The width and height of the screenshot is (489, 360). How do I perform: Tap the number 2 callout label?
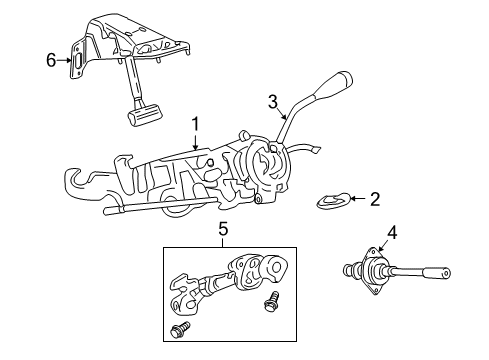[x=374, y=199]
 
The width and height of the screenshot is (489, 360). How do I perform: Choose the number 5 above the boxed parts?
[x=222, y=229]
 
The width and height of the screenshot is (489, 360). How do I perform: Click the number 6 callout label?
[x=53, y=61]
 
